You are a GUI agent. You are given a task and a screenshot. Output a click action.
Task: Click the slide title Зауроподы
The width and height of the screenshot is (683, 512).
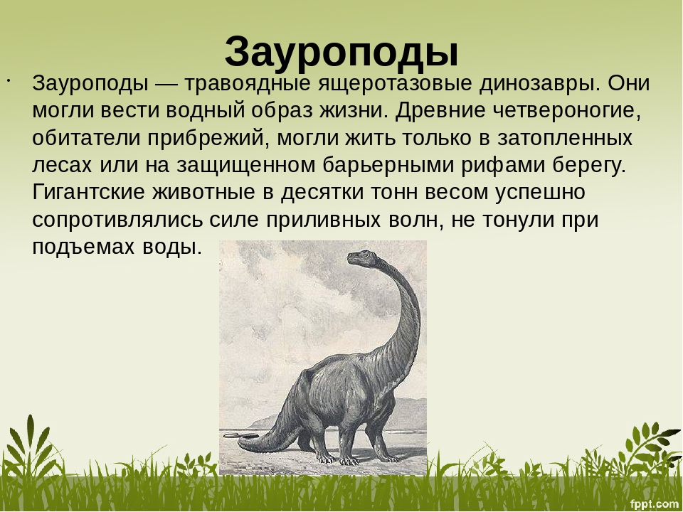341,53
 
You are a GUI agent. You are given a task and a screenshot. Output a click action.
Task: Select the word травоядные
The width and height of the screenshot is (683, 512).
248,84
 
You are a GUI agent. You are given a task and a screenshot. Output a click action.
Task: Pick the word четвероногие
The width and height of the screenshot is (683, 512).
568,111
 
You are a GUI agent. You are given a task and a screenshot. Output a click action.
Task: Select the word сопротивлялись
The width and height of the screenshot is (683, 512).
117,220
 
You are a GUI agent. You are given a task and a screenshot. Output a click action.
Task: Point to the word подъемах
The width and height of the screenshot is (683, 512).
84,247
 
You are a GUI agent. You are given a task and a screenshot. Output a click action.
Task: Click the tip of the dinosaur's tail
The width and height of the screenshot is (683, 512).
240,442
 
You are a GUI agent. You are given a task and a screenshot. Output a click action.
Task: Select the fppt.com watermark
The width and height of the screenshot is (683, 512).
655,504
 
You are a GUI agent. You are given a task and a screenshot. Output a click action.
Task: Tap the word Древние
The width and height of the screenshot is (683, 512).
441,111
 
